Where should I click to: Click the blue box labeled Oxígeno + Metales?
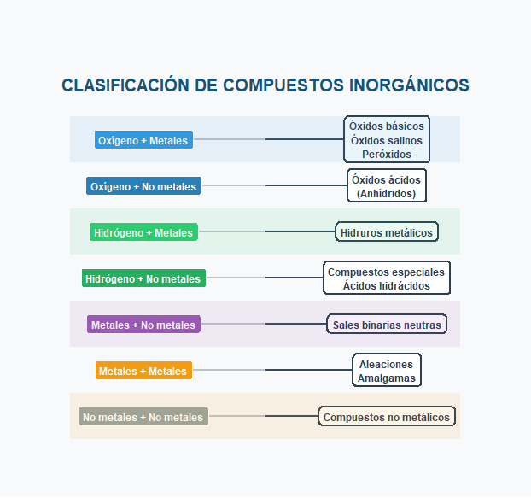click(143, 140)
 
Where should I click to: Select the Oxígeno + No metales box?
click(143, 186)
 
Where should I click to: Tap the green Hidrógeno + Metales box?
click(143, 232)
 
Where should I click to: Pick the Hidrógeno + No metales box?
click(143, 278)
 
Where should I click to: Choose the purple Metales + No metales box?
click(143, 325)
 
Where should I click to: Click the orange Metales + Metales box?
click(143, 371)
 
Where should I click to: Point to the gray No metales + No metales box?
click(143, 417)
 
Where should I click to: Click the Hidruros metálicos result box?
click(387, 232)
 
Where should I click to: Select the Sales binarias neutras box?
click(387, 325)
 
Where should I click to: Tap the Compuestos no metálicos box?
click(387, 417)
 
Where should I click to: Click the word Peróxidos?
click(387, 155)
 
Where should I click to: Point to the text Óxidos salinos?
click(387, 140)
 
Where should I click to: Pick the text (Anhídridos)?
click(387, 194)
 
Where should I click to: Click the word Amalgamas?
click(387, 378)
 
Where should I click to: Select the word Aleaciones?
click(387, 364)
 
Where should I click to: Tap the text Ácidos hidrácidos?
click(387, 286)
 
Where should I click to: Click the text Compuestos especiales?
click(387, 272)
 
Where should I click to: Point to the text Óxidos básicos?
click(387, 126)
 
